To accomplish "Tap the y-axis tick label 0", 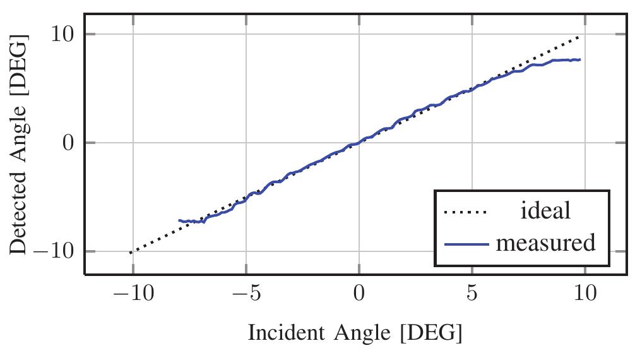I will coord(66,143).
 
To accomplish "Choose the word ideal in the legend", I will coord(545,211).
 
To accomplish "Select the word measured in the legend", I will coord(545,243).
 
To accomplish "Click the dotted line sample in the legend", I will coord(466,212).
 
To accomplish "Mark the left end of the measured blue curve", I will coord(179,220).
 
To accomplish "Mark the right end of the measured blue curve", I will coord(579,59).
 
